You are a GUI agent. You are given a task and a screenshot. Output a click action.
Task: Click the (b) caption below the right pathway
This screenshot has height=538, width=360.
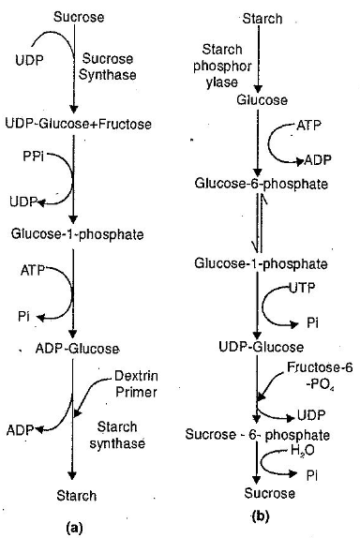click(260, 515)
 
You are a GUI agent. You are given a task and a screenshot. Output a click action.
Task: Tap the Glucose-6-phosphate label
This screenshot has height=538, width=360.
click(261, 184)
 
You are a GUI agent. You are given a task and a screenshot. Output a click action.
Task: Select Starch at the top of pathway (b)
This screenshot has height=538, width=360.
click(262, 18)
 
